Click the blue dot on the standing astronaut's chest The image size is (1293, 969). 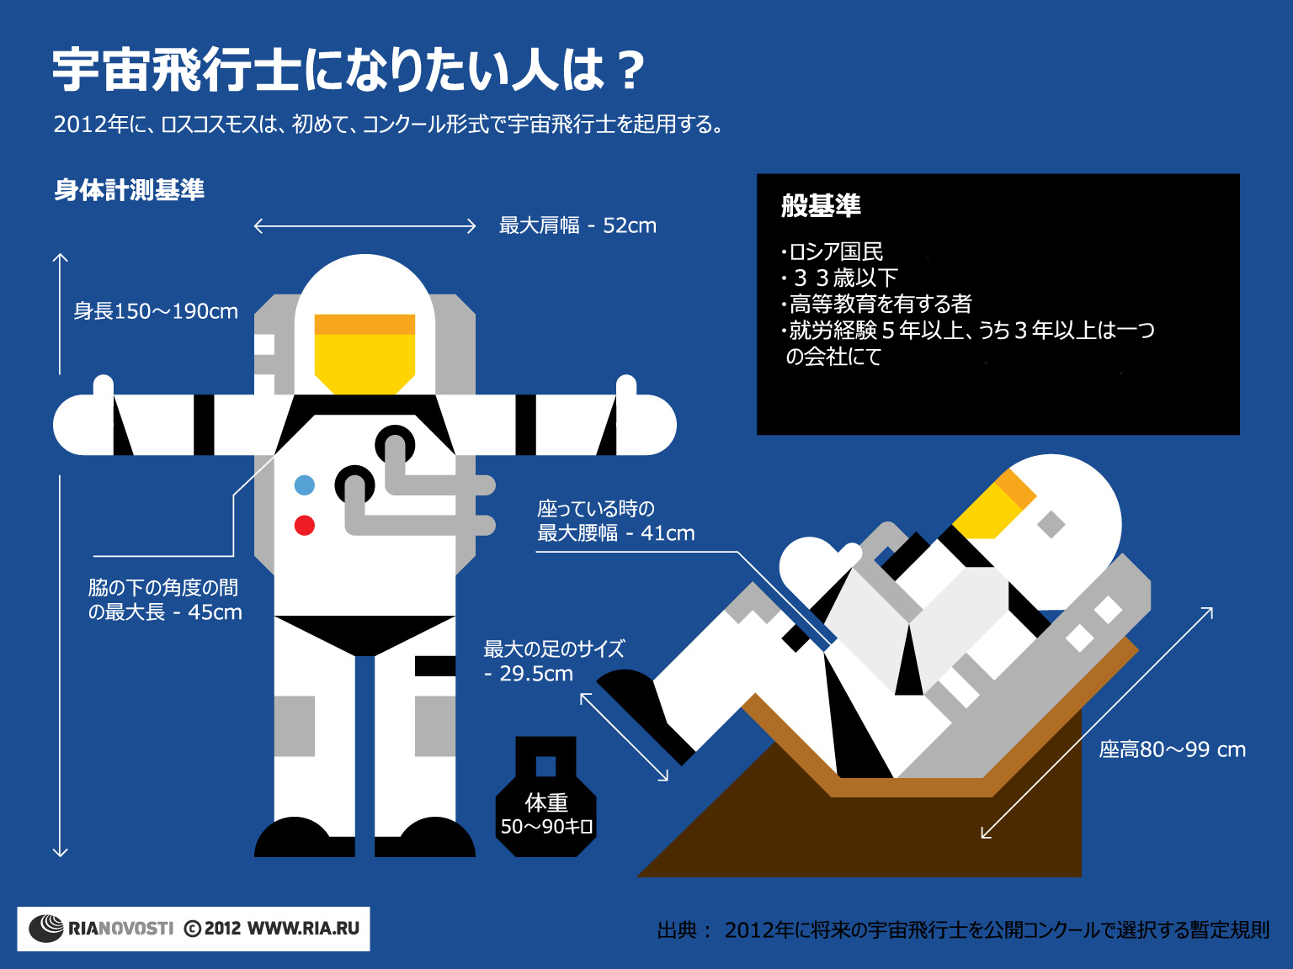pyautogui.click(x=304, y=485)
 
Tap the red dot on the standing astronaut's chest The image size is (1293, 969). pyautogui.click(x=304, y=526)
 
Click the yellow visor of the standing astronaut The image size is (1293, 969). pyautogui.click(x=364, y=354)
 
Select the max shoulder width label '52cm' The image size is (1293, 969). pyautogui.click(x=629, y=225)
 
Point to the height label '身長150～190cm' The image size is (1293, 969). pyautogui.click(x=156, y=311)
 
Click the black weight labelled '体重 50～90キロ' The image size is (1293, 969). pyautogui.click(x=546, y=797)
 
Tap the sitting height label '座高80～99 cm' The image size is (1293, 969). pyautogui.click(x=1173, y=749)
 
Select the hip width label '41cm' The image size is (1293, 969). pyautogui.click(x=668, y=533)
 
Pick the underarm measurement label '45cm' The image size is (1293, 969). pyautogui.click(x=215, y=612)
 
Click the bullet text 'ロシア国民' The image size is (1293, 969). pyautogui.click(x=836, y=252)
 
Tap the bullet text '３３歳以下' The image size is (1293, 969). pyautogui.click(x=844, y=278)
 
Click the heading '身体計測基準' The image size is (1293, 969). pyautogui.click(x=129, y=190)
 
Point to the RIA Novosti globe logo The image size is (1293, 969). pyautogui.click(x=46, y=929)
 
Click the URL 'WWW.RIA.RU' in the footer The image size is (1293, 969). pyautogui.click(x=303, y=929)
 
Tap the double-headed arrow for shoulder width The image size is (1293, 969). pyautogui.click(x=364, y=226)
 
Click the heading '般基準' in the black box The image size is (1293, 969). pyautogui.click(x=821, y=205)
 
